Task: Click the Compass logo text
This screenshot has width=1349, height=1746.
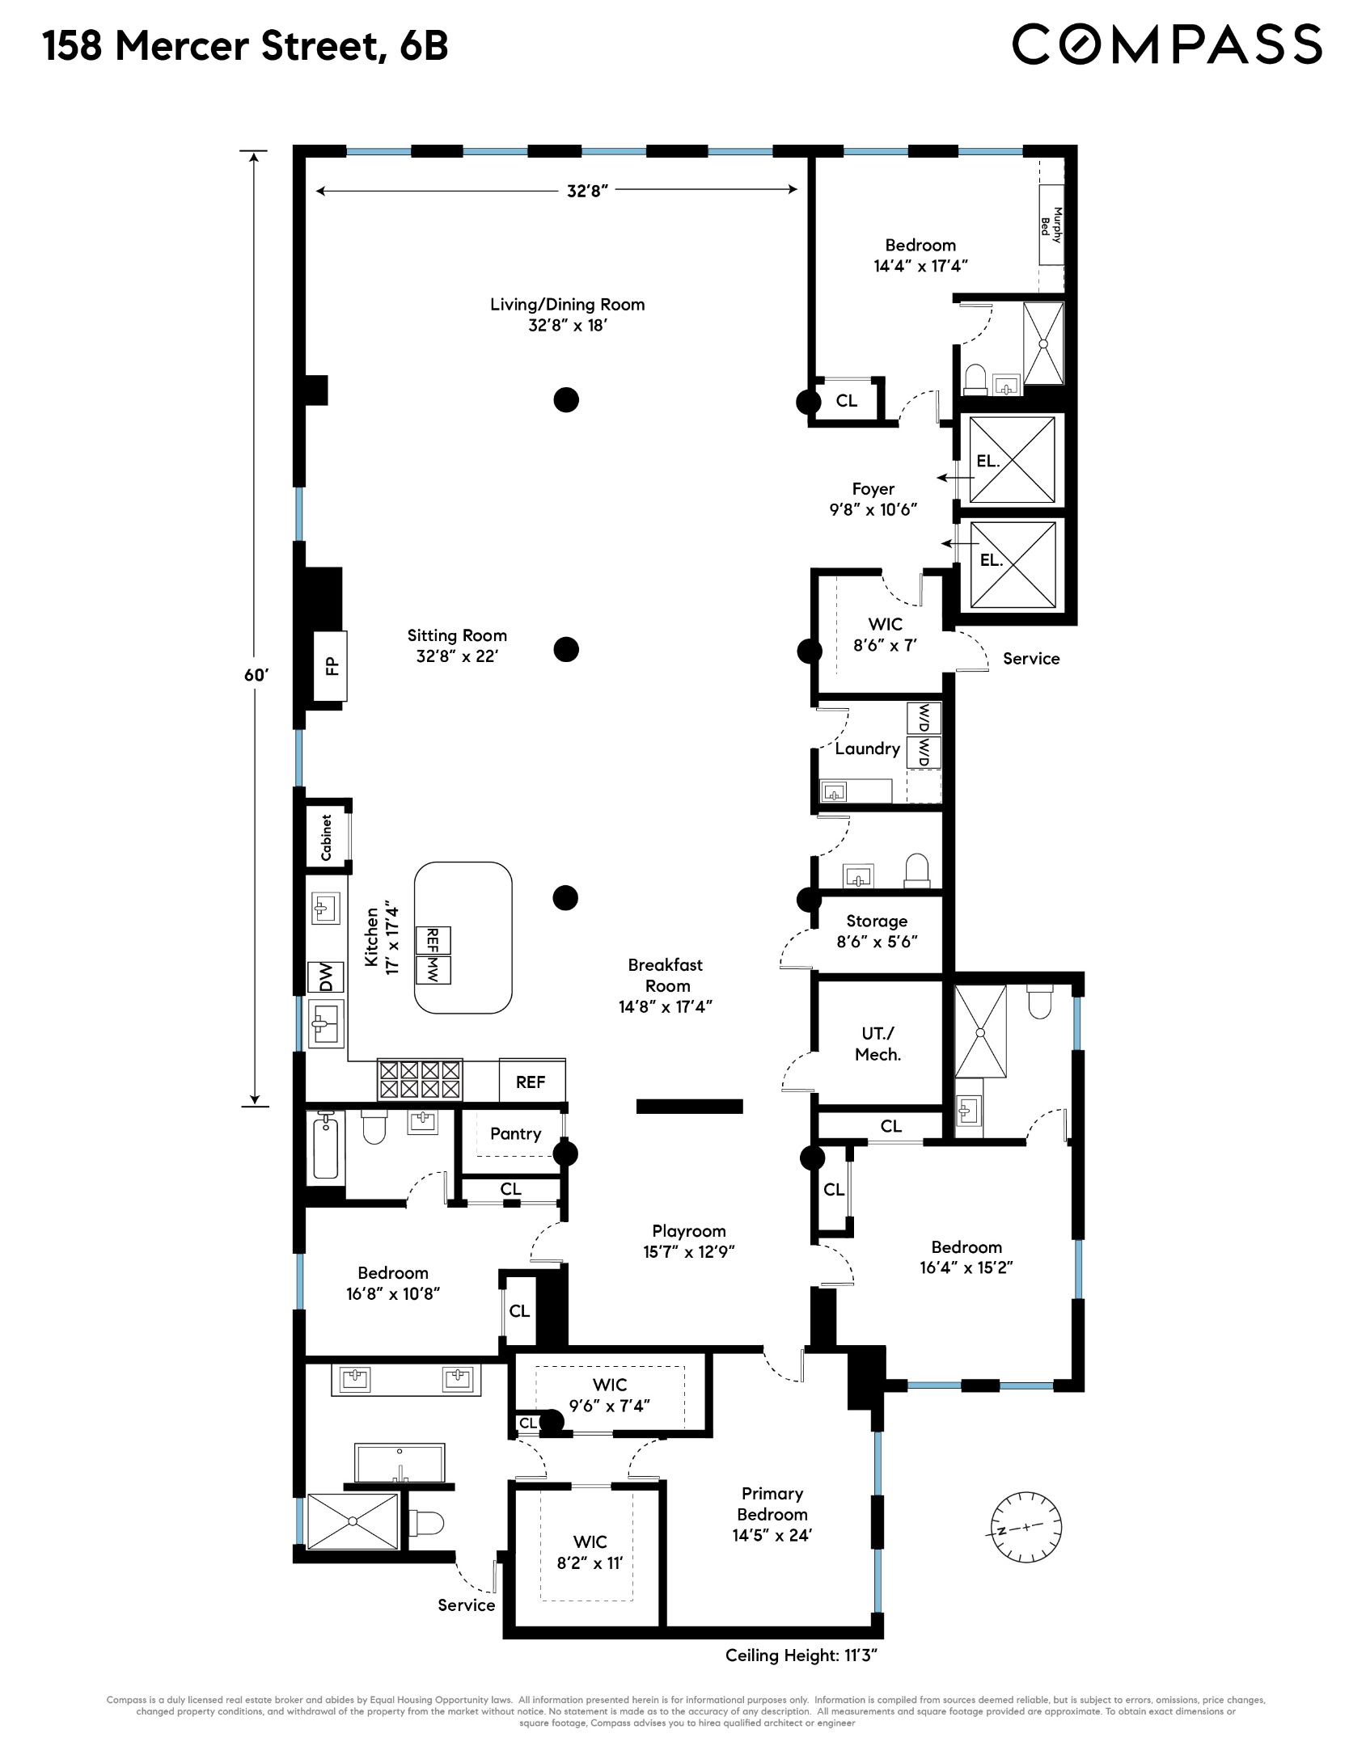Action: click(1166, 44)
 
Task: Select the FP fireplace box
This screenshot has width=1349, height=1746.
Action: click(331, 665)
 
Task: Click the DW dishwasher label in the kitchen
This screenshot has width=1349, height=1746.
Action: click(325, 979)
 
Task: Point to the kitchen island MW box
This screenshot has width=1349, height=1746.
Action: click(433, 969)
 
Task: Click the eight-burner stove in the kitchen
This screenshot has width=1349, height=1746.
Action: click(420, 1080)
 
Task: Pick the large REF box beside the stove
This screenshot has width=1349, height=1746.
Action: click(531, 1082)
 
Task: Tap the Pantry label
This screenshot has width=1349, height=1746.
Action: click(515, 1133)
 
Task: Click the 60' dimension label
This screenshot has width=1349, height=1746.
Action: click(256, 675)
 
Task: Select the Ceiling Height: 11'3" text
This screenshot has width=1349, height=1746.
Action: click(801, 1655)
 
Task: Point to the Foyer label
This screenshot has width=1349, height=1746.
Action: click(873, 489)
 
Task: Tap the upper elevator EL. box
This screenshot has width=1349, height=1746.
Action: click(1012, 461)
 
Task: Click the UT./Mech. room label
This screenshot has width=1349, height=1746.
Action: click(877, 1044)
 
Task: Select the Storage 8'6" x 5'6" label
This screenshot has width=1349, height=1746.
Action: click(877, 931)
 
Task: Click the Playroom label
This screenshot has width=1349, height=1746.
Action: click(688, 1231)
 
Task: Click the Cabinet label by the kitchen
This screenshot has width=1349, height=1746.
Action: click(327, 837)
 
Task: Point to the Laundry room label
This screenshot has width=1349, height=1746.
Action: click(867, 749)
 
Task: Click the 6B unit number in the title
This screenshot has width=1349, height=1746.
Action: click(423, 45)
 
